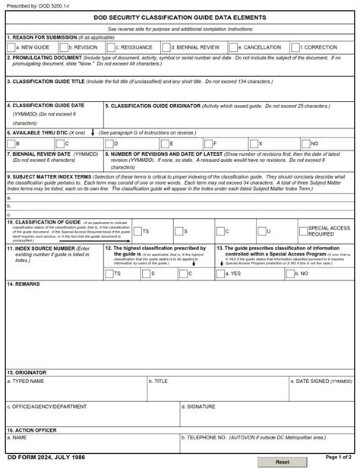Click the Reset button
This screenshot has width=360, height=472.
[283, 461]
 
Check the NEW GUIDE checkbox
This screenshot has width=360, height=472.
[11, 47]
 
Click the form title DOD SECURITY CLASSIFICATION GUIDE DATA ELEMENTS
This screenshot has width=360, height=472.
[180, 17]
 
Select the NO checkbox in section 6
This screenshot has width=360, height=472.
[305, 143]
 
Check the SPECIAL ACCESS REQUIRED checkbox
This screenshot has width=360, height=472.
[302, 230]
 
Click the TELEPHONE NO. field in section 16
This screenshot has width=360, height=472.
[266, 445]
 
